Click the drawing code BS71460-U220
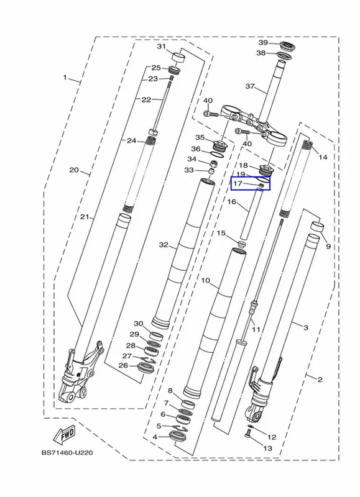click(x=67, y=453)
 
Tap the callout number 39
click(x=263, y=43)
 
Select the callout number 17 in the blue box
click(x=238, y=183)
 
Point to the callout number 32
click(x=164, y=245)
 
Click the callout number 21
click(x=85, y=217)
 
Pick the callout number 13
click(x=268, y=448)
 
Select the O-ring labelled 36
click(x=217, y=154)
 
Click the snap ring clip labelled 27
click(x=149, y=360)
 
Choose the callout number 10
click(x=206, y=281)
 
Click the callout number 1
click(x=65, y=77)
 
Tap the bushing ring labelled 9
click(x=317, y=227)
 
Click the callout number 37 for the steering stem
click(x=250, y=86)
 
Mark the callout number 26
click(x=123, y=365)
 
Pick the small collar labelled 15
click(x=242, y=244)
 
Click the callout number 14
click(x=323, y=157)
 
